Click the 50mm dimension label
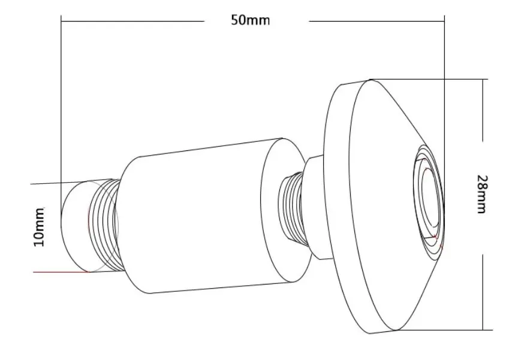point(250,20)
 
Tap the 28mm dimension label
point(481,194)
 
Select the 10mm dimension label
point(38,227)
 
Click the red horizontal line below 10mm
point(61,272)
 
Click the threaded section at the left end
point(104,226)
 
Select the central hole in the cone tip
point(431,198)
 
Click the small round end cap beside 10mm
point(74,226)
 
